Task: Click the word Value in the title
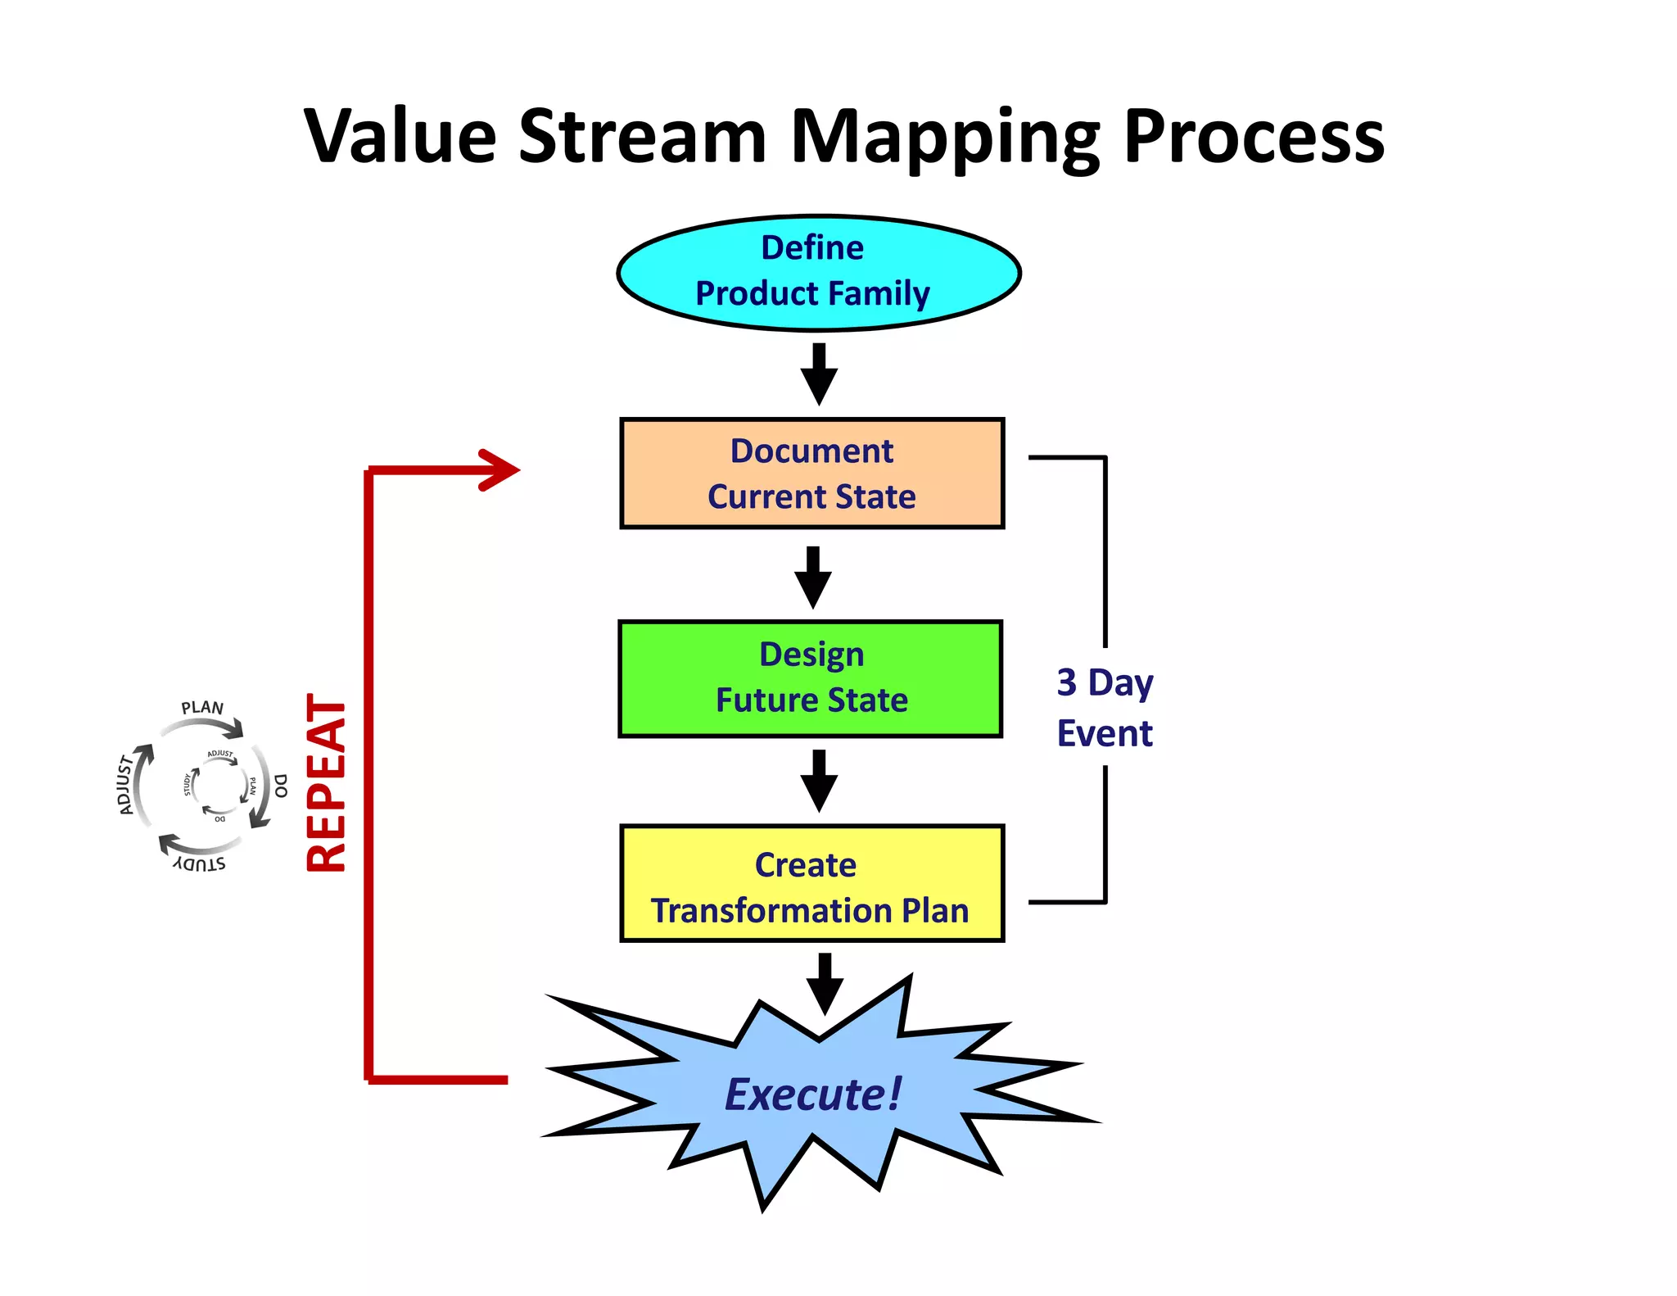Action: click(x=400, y=135)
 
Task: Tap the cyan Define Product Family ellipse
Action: click(x=818, y=273)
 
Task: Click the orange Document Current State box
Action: click(x=811, y=474)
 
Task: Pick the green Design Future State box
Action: click(x=811, y=678)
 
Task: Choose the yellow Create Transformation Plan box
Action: click(x=811, y=883)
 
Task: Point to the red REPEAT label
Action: click(x=326, y=783)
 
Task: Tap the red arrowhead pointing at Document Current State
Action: click(x=500, y=469)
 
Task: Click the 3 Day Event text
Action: click(x=1105, y=708)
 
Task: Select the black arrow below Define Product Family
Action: click(x=819, y=374)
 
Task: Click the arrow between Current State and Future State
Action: click(x=813, y=578)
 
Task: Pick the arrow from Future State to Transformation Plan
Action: click(x=819, y=781)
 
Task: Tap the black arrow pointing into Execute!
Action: click(x=825, y=984)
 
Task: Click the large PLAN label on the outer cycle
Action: click(x=202, y=707)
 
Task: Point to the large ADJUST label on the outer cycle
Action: click(x=125, y=785)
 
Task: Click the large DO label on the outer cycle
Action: click(x=281, y=786)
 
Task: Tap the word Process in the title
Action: click(x=1254, y=135)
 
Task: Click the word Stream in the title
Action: click(x=643, y=135)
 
